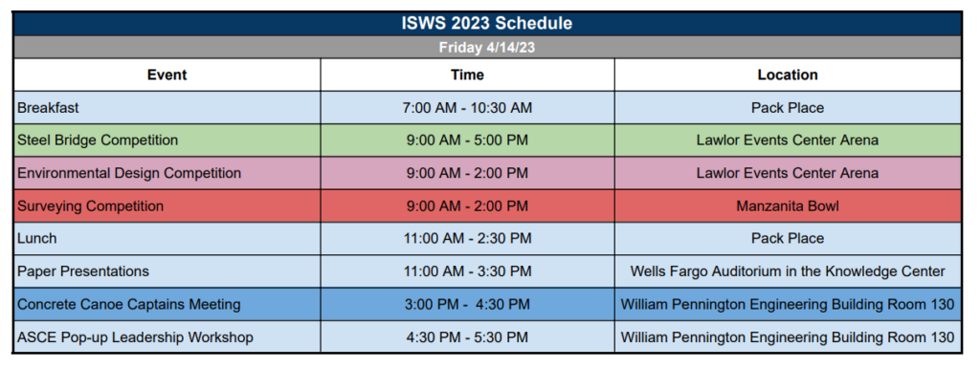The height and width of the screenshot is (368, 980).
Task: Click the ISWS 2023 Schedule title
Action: pyautogui.click(x=486, y=24)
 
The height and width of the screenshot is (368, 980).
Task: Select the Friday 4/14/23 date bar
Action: pyautogui.click(x=486, y=48)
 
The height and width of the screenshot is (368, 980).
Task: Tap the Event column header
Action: pyautogui.click(x=167, y=75)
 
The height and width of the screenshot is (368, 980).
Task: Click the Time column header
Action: pyautogui.click(x=467, y=75)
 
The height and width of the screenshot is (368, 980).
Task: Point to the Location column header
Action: pyautogui.click(x=788, y=75)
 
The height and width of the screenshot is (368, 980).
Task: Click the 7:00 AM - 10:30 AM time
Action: pyautogui.click(x=467, y=108)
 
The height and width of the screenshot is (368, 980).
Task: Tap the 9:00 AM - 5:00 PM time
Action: pyautogui.click(x=467, y=141)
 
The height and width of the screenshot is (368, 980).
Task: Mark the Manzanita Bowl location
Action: pyautogui.click(x=788, y=206)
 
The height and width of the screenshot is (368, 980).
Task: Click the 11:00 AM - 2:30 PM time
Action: pyautogui.click(x=467, y=238)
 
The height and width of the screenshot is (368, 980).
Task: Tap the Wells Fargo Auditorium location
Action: pyautogui.click(x=788, y=271)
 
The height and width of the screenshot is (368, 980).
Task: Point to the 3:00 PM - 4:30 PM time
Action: pyautogui.click(x=467, y=304)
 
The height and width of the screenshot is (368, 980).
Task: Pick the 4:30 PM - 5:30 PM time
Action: pyautogui.click(x=467, y=337)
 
